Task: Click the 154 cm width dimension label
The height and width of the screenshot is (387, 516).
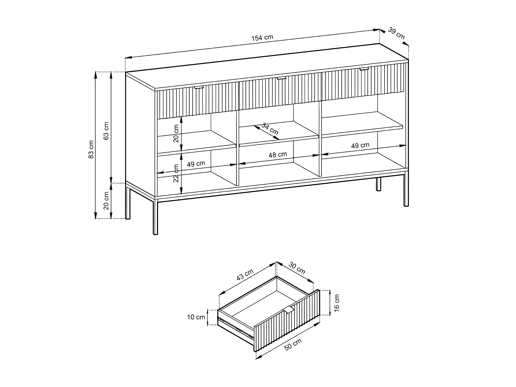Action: click(x=262, y=38)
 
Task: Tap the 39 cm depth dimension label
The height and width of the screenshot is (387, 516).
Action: click(x=396, y=33)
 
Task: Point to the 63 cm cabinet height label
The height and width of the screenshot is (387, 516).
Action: click(x=106, y=131)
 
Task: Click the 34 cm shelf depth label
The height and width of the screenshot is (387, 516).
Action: click(x=270, y=129)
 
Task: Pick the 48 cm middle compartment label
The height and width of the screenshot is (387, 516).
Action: click(x=278, y=155)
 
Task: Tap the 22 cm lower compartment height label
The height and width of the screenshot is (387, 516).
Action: click(x=176, y=173)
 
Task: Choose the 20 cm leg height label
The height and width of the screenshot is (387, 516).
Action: click(x=106, y=201)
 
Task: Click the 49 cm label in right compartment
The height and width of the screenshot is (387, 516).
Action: click(x=360, y=145)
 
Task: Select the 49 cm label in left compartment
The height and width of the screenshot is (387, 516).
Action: click(x=196, y=164)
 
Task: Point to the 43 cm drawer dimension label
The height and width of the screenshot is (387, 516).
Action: click(x=245, y=275)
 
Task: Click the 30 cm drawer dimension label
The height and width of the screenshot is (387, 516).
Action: click(x=297, y=268)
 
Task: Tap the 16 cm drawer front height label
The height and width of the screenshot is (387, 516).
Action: click(x=337, y=303)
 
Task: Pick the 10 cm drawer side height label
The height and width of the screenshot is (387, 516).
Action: click(x=196, y=317)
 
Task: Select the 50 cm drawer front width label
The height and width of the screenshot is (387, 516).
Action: click(x=293, y=344)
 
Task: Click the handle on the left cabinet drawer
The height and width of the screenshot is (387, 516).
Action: click(x=199, y=88)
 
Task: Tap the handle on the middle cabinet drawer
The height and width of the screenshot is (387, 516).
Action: click(x=282, y=78)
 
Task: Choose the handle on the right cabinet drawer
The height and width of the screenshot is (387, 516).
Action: click(x=364, y=69)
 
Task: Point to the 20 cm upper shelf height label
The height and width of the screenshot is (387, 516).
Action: click(x=176, y=134)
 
